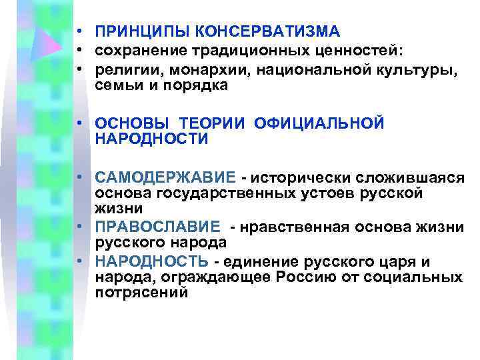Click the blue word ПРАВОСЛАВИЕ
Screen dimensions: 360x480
click(x=157, y=227)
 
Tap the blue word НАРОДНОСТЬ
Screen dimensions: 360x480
click(x=151, y=261)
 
